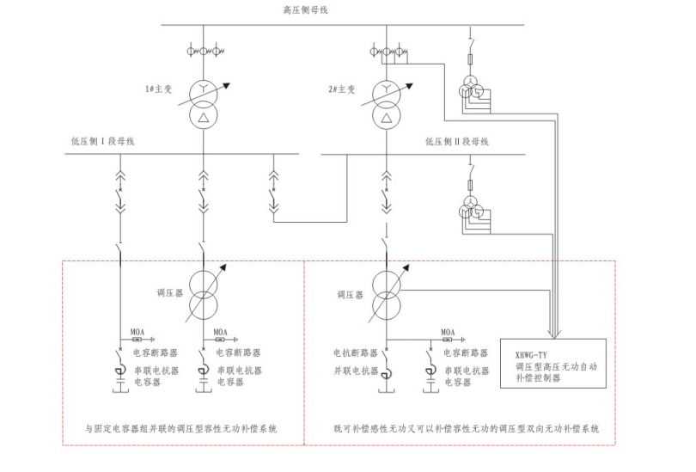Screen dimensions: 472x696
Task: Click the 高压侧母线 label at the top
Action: pos(308,9)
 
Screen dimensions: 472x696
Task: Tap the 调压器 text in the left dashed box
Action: pos(167,293)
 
